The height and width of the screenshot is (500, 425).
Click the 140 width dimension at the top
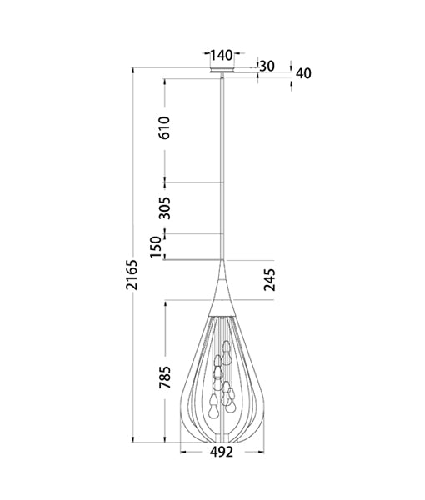click(221, 56)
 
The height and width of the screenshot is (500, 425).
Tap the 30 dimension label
click(267, 67)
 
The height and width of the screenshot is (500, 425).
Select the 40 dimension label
click(302, 73)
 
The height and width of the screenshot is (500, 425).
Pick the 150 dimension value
click(156, 247)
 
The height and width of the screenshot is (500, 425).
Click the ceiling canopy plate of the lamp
click(221, 72)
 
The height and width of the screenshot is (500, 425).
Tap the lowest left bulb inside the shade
click(212, 408)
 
